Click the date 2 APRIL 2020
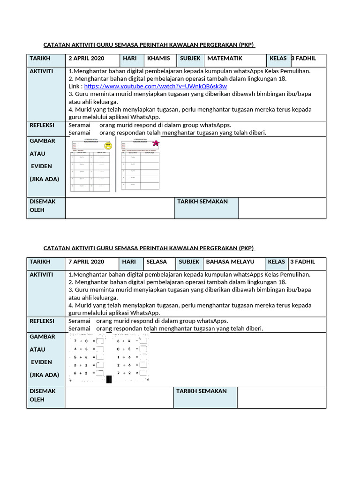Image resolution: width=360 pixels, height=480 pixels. click(x=86, y=59)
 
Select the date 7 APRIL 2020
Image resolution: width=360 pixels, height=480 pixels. click(x=86, y=262)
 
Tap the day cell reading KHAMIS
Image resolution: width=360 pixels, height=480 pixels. click(x=157, y=59)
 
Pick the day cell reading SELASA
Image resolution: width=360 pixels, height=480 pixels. click(x=157, y=262)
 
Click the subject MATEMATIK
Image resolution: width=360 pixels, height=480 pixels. click(x=225, y=59)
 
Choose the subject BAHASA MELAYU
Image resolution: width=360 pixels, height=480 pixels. click(x=230, y=262)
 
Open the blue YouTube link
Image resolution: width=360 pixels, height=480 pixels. click(x=156, y=87)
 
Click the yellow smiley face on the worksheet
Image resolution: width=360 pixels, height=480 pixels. click(x=109, y=146)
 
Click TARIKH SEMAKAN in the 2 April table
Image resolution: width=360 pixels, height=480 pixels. click(x=202, y=202)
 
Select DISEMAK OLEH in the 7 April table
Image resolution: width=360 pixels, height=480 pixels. click(x=43, y=395)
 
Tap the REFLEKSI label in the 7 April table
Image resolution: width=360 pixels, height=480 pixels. click(x=42, y=321)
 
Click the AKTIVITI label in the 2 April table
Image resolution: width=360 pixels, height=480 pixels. click(x=41, y=71)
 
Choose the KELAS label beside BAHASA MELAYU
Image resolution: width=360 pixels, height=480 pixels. click(x=277, y=262)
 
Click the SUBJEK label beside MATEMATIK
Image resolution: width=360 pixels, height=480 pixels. click(x=190, y=59)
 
